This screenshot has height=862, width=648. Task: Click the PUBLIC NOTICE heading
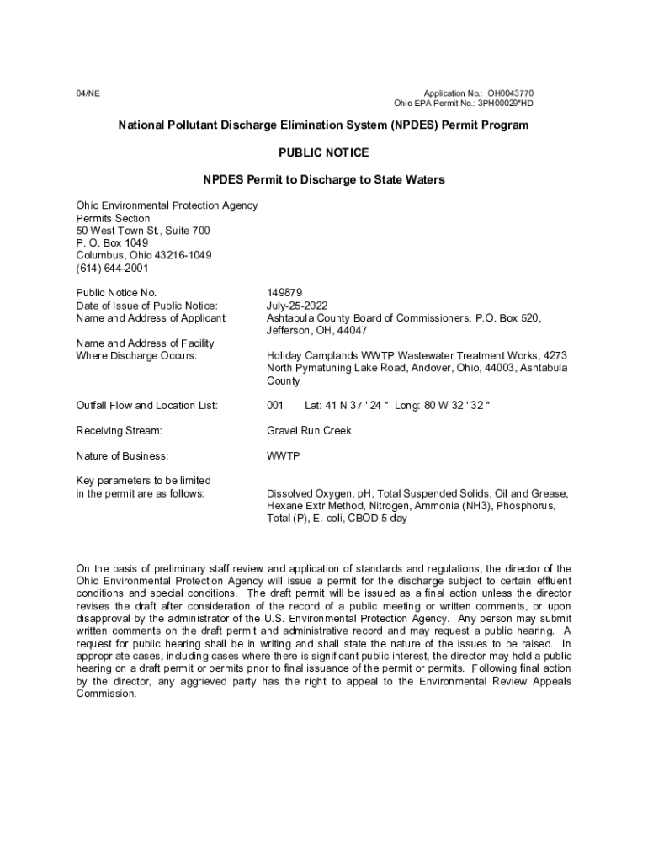(x=323, y=153)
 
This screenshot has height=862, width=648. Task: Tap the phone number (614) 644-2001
(x=112, y=269)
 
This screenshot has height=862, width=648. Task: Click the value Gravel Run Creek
(x=309, y=431)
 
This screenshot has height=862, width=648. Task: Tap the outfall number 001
(x=275, y=406)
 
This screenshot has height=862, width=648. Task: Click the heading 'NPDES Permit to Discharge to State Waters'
(x=323, y=180)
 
